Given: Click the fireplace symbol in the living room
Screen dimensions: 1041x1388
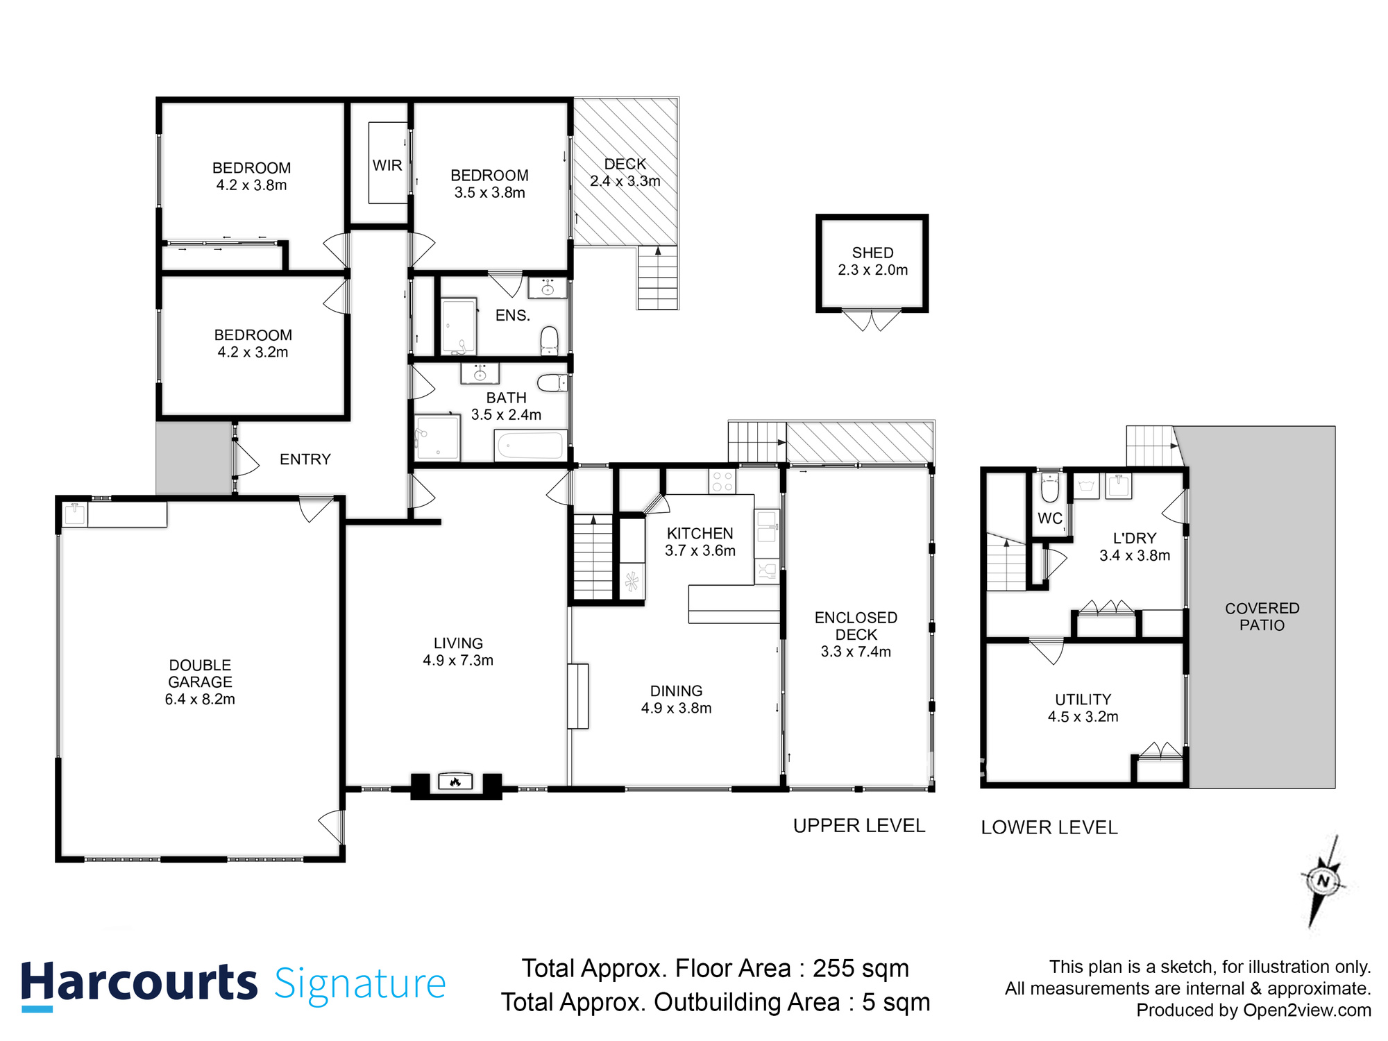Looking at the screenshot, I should pos(455,782).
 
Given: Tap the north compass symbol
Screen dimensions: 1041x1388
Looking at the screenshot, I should pos(1323,881).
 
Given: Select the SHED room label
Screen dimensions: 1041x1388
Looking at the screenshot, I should pos(872,253).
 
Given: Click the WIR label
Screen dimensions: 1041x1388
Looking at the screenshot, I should pos(387,165).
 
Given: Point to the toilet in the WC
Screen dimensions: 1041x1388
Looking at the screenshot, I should pos(1050,487).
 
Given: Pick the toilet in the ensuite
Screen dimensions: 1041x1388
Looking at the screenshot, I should pos(549,340).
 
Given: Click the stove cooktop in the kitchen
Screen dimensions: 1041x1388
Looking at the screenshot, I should pos(722,481).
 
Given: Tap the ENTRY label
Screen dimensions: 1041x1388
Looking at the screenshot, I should pos(305,459).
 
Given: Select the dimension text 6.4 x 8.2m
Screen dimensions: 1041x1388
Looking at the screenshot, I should pos(200,700).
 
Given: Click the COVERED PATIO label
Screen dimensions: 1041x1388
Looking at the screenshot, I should pos(1262,616).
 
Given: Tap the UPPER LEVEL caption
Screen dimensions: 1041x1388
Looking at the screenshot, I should pos(858,826).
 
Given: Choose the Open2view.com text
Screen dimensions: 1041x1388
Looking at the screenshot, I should pos(1307,1010).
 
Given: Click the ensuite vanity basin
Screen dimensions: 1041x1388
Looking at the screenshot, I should pos(548,287).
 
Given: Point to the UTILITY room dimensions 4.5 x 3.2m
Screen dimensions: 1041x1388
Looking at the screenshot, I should pos(1083,717).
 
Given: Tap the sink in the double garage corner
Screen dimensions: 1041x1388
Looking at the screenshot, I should pos(74,514).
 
